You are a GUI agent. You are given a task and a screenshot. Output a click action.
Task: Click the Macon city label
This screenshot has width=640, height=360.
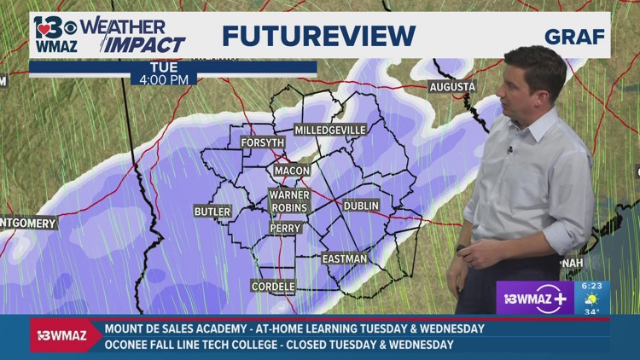point(292,171)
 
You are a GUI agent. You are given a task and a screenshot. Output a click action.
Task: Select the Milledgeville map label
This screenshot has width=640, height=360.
point(330,130)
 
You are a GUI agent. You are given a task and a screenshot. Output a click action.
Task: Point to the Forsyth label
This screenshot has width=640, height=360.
point(260,142)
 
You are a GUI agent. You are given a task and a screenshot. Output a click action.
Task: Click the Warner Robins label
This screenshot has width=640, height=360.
point(289,201)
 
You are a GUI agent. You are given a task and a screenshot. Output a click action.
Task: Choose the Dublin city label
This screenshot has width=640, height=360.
point(361,206)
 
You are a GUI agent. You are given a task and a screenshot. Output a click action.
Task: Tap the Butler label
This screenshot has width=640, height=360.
point(212,212)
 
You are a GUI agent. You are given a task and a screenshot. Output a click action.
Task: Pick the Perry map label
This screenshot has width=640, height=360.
point(284,229)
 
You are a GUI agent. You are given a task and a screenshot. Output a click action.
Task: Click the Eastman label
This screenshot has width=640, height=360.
point(345,258)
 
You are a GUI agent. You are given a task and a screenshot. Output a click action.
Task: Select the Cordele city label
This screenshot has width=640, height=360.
point(273,287)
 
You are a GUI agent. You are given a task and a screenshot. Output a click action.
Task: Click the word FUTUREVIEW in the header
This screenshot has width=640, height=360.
point(318,36)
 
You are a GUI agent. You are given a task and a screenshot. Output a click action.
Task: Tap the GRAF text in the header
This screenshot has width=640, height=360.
point(574,37)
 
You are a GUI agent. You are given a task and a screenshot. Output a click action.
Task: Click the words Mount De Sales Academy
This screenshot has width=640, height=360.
point(180,328)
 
